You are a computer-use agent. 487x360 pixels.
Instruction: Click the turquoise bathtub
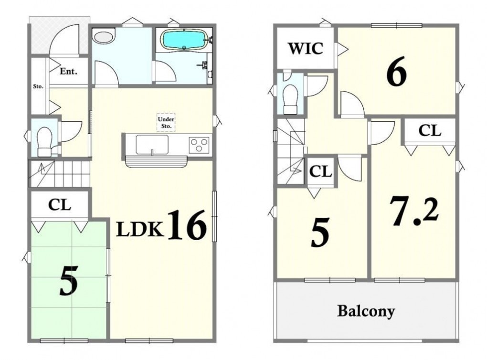[183, 40]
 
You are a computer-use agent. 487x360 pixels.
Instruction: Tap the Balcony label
[366, 311]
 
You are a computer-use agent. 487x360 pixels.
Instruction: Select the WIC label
[306, 49]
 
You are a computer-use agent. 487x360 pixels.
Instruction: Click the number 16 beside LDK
[187, 225]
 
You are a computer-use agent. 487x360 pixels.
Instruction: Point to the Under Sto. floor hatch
[166, 122]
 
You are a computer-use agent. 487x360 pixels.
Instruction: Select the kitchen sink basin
[152, 145]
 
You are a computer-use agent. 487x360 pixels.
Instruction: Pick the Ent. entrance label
[68, 72]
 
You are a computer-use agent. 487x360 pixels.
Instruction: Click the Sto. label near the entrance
[38, 86]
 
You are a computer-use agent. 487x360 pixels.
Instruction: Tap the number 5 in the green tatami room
[69, 281]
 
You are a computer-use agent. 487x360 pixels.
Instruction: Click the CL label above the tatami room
[60, 205]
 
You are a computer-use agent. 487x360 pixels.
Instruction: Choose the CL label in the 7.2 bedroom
[430, 131]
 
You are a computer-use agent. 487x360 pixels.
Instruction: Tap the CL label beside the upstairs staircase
[320, 171]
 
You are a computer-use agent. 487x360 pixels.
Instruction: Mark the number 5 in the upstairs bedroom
[320, 232]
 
